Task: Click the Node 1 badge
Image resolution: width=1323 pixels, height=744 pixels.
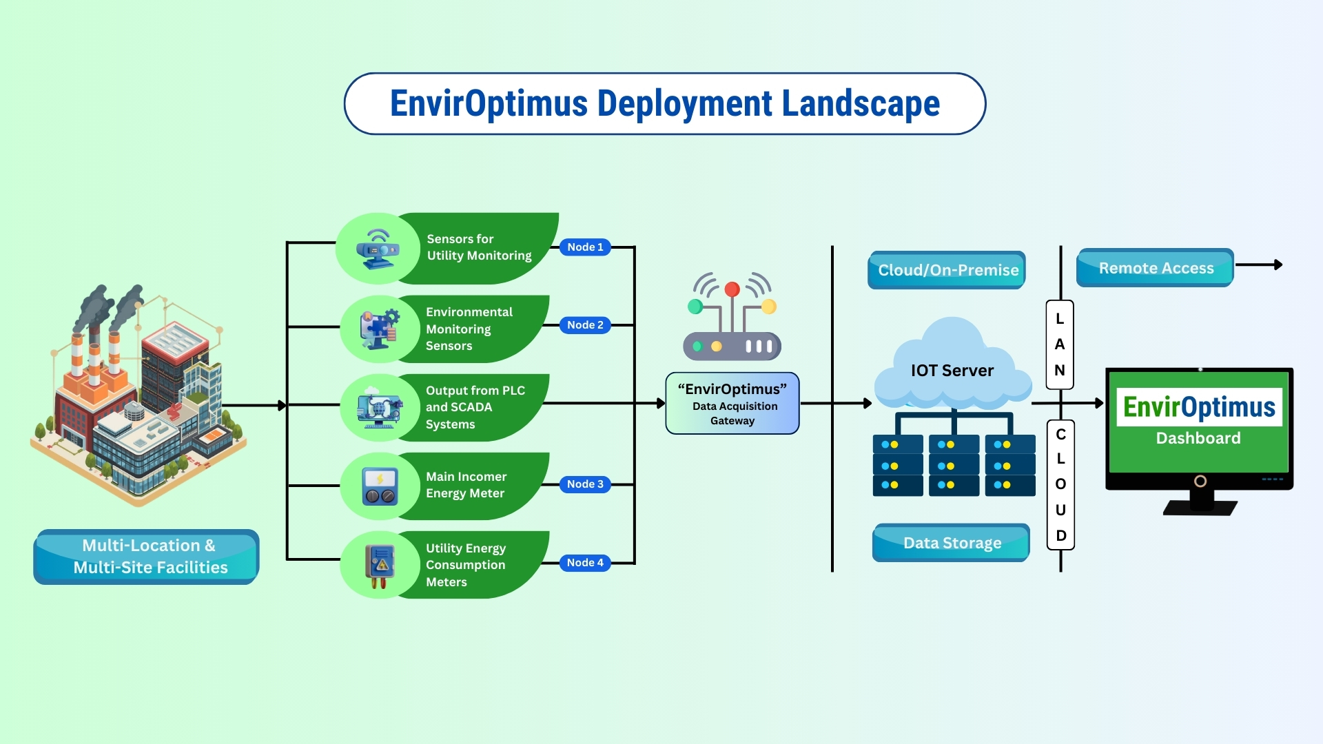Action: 585,247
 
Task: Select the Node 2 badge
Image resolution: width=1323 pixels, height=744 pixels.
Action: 585,325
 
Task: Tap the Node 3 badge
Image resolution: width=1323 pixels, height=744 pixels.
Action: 585,484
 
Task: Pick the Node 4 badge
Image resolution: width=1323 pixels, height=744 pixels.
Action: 585,563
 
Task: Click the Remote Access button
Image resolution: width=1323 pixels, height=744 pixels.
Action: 1155,268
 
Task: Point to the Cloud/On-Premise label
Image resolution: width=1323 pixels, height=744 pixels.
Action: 947,270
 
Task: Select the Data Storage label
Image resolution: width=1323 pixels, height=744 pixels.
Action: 951,543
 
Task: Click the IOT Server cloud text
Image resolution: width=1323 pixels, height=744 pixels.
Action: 952,371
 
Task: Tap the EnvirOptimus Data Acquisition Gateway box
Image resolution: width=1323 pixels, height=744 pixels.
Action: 732,404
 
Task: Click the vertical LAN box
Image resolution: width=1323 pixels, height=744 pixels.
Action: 1060,344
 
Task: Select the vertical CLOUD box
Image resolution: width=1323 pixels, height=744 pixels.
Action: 1060,484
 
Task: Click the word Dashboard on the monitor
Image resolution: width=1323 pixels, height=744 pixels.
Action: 1198,438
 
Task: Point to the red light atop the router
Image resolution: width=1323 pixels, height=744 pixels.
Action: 732,289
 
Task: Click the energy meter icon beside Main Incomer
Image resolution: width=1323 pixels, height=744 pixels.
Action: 380,486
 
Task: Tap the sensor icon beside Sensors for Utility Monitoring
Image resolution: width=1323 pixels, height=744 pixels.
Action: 378,249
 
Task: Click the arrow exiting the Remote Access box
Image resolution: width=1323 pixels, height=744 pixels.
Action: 1261,265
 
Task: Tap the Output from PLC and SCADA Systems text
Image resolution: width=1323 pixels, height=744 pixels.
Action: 475,407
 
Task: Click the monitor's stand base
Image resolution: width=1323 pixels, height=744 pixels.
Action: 1200,508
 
